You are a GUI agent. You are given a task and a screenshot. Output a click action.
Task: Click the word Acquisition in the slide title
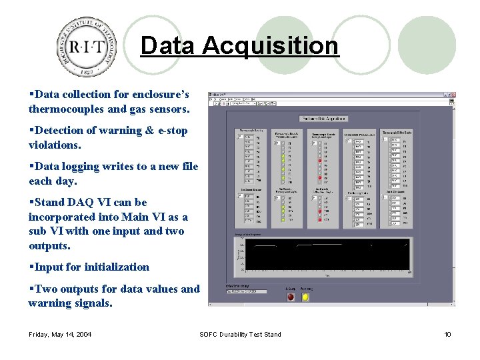pos(270,46)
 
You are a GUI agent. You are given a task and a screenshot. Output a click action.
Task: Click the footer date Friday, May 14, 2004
pos(61,335)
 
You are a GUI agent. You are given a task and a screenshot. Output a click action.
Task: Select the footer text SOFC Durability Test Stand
pos(240,335)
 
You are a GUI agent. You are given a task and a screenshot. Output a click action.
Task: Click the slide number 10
pos(448,335)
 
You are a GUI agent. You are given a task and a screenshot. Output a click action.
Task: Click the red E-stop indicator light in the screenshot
pos(291,297)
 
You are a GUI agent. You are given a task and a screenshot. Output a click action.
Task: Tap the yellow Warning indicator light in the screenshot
pos(305,297)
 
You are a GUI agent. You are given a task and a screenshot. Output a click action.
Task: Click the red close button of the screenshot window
pos(451,95)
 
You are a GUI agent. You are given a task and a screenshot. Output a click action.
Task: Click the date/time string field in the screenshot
pos(246,291)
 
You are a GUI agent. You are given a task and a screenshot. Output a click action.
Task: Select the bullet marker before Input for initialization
pos(31,267)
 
